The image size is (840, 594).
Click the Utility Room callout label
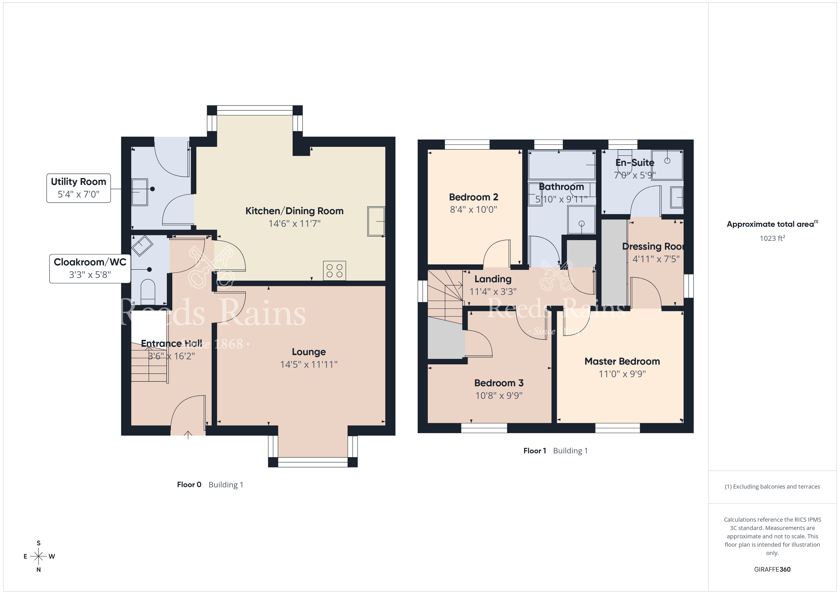point(78,188)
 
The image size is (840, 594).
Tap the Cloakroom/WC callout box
point(90,268)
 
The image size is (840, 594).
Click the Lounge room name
point(309,352)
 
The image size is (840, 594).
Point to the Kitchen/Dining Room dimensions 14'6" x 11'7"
point(295,223)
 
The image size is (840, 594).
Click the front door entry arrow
point(188,435)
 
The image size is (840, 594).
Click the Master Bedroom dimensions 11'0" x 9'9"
point(622,374)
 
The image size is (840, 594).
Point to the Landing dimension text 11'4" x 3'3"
point(493,292)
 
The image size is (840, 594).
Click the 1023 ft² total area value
point(772,238)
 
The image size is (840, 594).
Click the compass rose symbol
point(38,556)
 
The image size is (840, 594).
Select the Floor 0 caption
point(189,485)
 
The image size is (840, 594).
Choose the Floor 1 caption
point(535,451)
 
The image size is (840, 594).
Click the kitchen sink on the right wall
point(376,221)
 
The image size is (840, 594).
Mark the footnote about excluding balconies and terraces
point(772,486)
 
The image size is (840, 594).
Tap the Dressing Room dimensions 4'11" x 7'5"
point(656,259)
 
